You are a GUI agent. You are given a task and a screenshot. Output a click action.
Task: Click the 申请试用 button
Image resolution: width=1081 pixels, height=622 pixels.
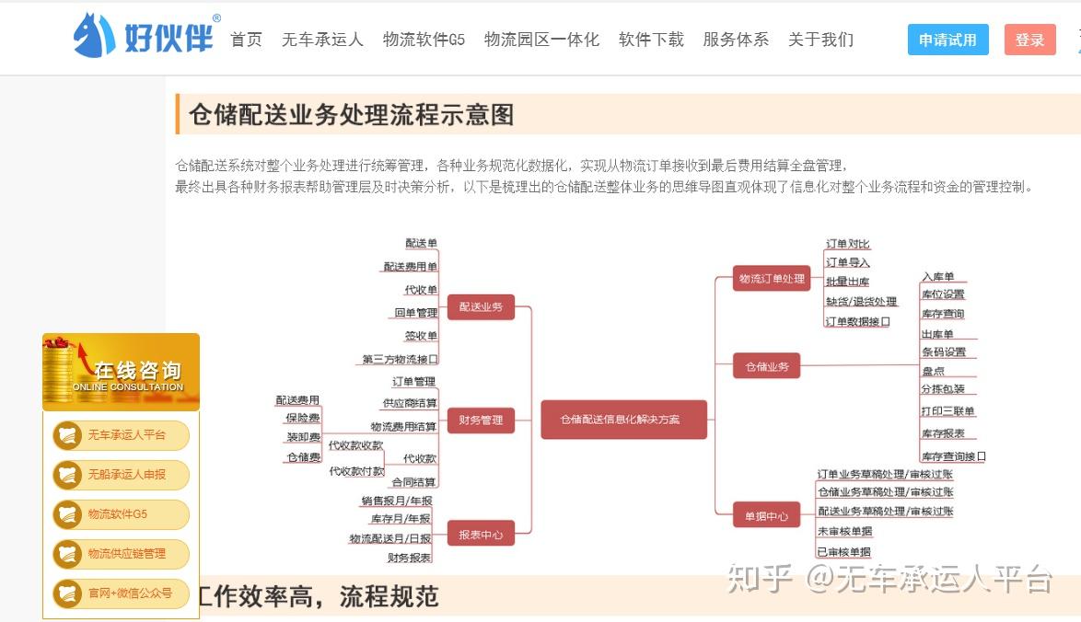click(947, 40)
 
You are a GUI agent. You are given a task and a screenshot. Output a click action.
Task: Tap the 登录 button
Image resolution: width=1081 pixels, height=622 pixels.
click(1029, 40)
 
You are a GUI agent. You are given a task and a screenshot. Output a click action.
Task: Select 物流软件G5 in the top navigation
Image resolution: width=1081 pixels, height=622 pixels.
click(424, 40)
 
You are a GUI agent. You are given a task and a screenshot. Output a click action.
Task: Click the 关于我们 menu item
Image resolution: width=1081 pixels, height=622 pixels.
click(820, 40)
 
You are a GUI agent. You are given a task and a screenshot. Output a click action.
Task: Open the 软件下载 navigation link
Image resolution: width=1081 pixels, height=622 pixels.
click(651, 40)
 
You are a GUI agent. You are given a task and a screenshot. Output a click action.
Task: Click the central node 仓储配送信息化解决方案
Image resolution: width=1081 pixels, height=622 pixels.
click(623, 419)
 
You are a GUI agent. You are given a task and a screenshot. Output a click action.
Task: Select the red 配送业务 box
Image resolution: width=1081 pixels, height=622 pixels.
click(481, 306)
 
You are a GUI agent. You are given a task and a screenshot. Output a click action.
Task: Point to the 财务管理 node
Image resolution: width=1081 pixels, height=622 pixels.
click(481, 420)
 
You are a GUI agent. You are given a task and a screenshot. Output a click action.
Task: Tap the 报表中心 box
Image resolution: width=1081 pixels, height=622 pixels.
click(481, 534)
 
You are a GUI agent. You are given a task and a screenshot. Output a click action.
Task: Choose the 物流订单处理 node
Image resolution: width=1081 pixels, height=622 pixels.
click(772, 278)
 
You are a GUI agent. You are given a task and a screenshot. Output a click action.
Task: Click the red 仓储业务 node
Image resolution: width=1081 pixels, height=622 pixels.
click(766, 366)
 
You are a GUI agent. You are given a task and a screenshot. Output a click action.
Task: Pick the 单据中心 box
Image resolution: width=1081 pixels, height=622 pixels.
click(766, 516)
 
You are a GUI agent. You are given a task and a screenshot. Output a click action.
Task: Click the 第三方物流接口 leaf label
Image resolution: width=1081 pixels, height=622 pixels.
click(401, 359)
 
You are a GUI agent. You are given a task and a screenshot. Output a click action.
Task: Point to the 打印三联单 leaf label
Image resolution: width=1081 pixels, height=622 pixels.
click(947, 411)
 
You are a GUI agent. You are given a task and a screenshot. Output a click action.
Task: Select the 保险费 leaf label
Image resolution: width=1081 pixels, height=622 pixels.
click(303, 419)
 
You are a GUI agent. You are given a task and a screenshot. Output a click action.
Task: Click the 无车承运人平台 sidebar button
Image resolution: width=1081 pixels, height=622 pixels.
click(121, 435)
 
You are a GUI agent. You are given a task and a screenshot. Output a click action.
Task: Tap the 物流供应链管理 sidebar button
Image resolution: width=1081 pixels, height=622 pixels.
click(121, 554)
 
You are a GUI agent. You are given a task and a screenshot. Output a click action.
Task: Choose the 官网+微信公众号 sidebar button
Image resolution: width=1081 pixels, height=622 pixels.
click(121, 593)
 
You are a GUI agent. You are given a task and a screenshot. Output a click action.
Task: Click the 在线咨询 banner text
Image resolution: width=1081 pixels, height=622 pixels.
click(137, 371)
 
